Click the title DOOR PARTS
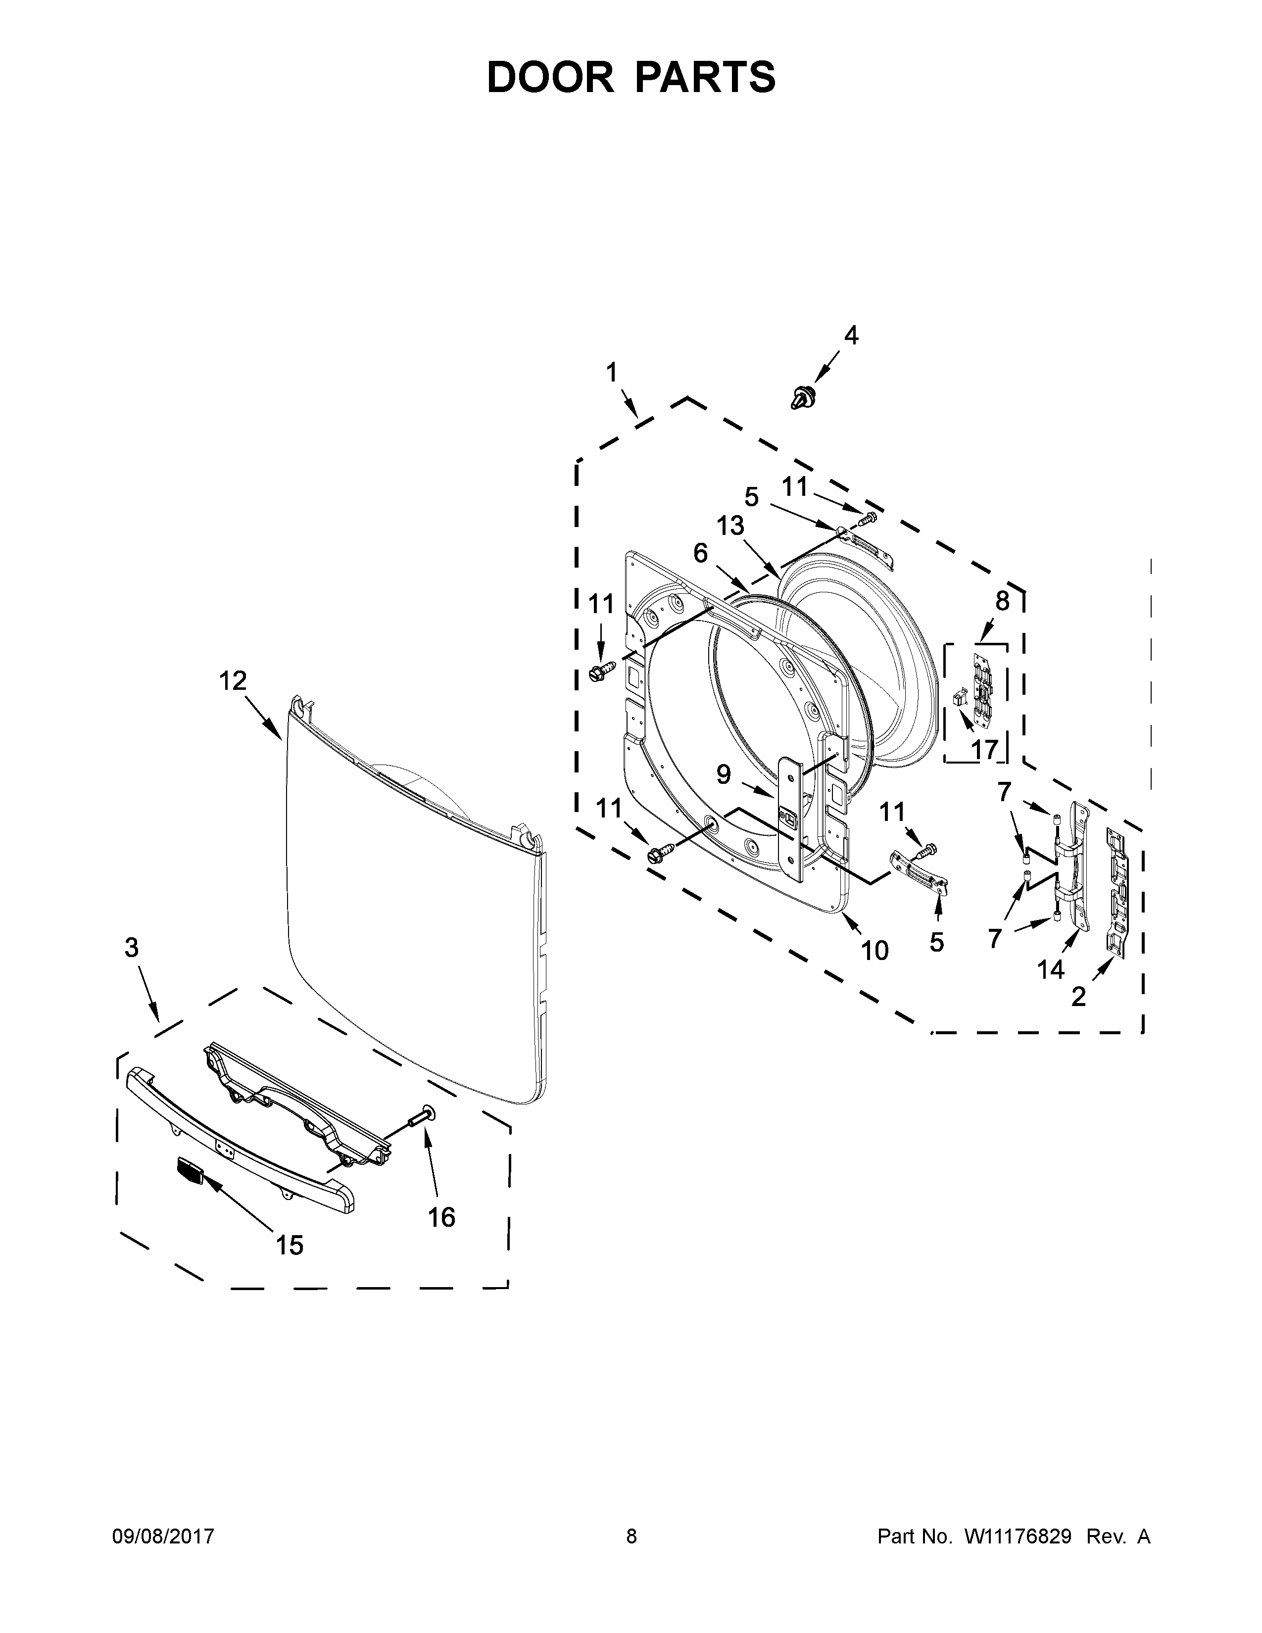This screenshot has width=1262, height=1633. pos(631,78)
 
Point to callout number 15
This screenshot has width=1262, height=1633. pos(290,1245)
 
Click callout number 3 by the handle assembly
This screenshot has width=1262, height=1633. pos(132,948)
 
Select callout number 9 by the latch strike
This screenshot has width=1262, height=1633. pos(723,774)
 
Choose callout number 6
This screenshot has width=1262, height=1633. pos(700,553)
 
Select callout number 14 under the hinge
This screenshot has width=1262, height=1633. pos(1050,970)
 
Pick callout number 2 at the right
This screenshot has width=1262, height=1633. pos(1078,996)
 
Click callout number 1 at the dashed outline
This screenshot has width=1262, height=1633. pos(612,372)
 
